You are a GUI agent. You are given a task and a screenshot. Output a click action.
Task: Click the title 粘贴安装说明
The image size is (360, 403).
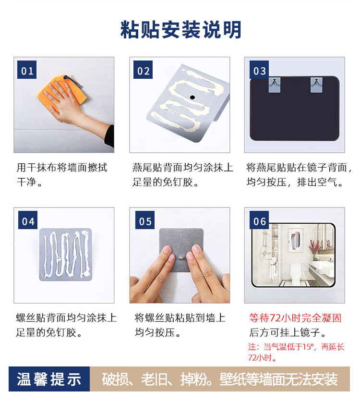[x=181, y=30]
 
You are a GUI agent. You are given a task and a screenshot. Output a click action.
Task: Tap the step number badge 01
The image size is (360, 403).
[x=27, y=70]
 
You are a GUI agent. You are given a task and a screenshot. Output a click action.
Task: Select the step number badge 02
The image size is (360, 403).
[x=143, y=70]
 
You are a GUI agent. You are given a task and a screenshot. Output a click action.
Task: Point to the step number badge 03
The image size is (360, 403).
[x=259, y=70]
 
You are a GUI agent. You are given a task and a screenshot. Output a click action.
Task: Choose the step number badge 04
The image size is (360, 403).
[x=28, y=220]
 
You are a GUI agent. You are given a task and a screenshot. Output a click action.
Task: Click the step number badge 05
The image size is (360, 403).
[x=145, y=220]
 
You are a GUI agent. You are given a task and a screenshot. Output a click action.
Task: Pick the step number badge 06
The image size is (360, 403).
[x=259, y=220]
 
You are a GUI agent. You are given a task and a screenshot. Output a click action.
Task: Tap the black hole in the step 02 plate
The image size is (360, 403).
[x=192, y=98]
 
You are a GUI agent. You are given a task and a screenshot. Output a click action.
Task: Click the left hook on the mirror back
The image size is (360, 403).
[x=275, y=85]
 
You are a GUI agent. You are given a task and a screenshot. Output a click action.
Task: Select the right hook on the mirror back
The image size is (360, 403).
[x=316, y=85]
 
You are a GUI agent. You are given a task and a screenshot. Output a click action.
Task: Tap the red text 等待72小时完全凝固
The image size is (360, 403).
[x=295, y=318]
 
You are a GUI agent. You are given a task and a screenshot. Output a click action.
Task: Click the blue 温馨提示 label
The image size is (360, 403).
[x=49, y=379]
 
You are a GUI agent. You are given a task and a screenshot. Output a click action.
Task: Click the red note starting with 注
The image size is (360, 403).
[x=296, y=352]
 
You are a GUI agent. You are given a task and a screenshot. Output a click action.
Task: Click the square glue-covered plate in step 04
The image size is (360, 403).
[x=65, y=255]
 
